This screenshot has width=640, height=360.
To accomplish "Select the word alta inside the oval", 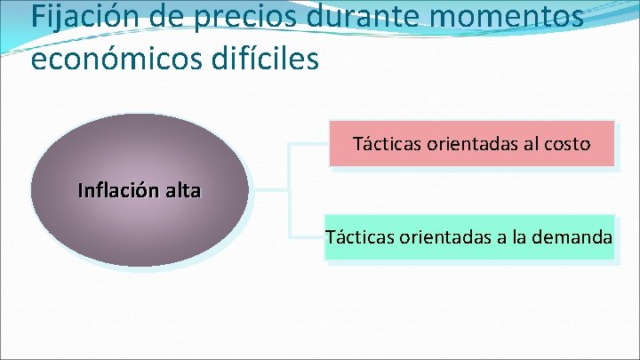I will (182, 190).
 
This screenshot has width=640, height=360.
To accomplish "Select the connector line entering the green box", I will (307, 237).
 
